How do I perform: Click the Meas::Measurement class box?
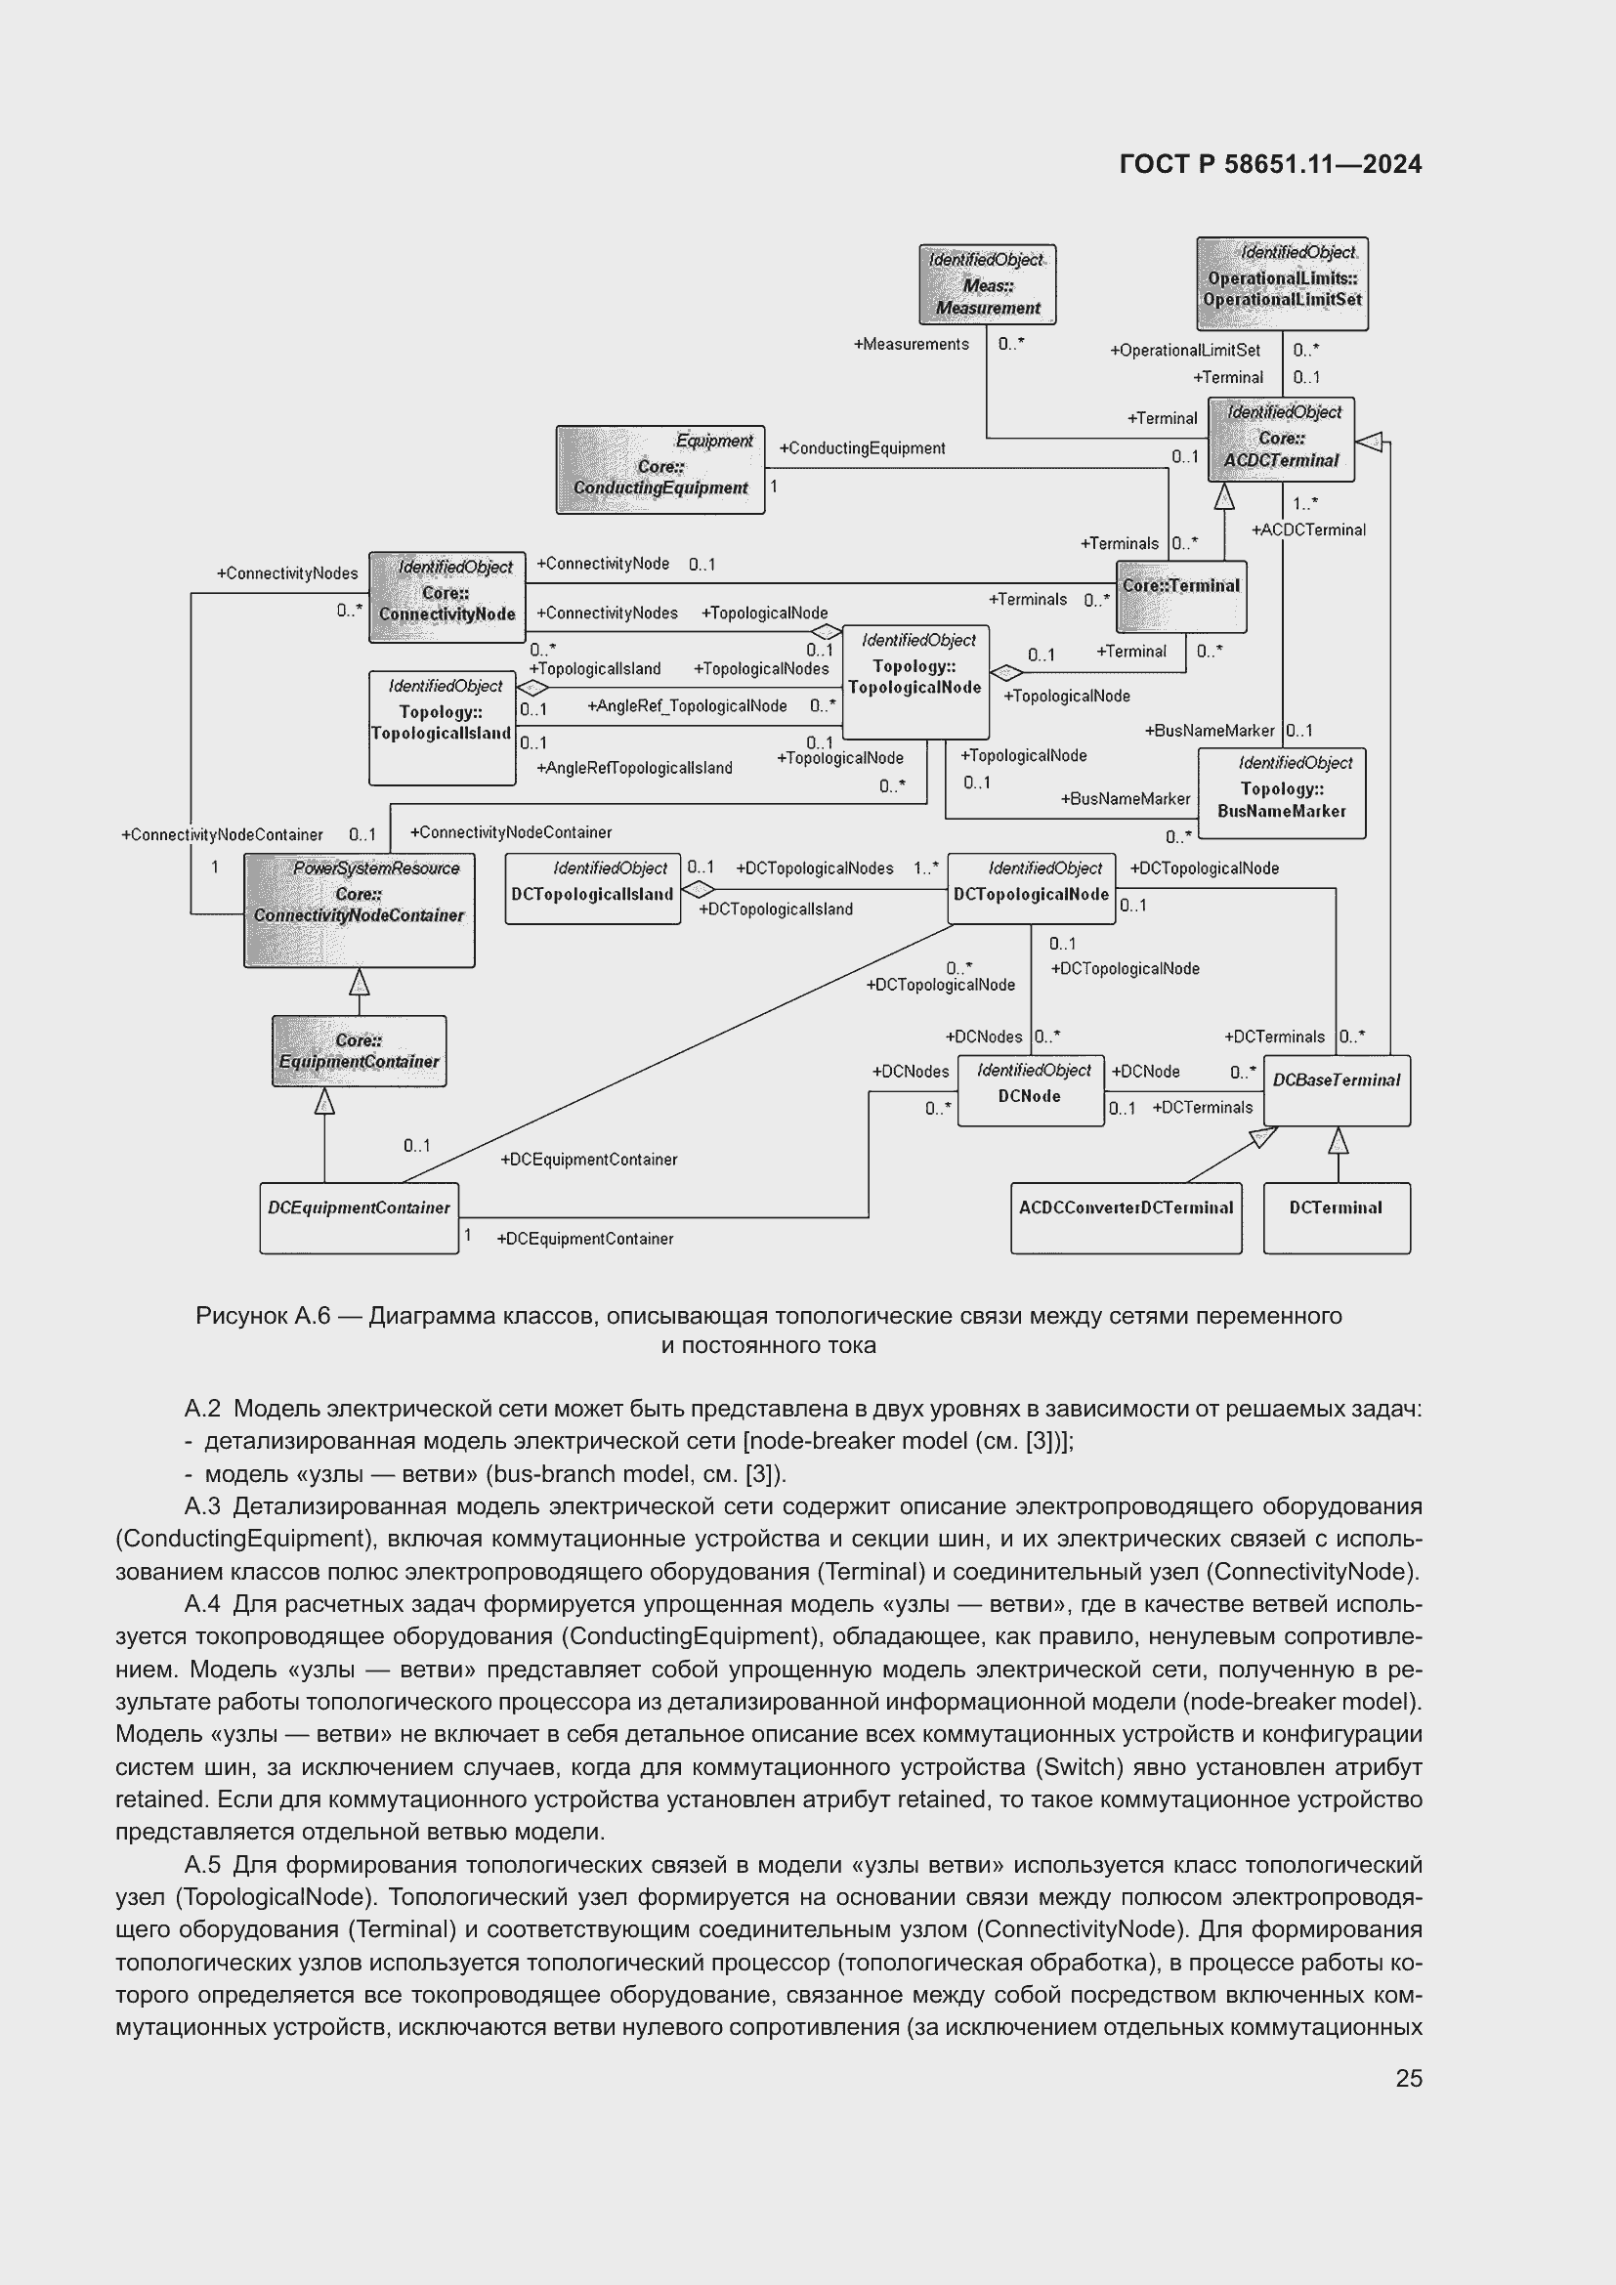pos(986,284)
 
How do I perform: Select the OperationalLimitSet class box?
pos(1282,283)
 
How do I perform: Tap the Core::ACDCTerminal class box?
pos(1281,439)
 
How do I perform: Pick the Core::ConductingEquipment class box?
pos(659,470)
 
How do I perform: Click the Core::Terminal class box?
pos(1180,596)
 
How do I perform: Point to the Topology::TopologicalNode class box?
pos(915,682)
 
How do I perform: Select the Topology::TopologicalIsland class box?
pos(442,728)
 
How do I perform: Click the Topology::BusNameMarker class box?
pos(1282,793)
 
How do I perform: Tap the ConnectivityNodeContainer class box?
pos(360,910)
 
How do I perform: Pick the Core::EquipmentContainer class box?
pos(360,1051)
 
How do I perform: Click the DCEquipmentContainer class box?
pos(360,1217)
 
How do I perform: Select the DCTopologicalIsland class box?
pos(593,888)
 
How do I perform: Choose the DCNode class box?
pos(1031,1090)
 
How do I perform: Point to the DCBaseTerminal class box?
pos(1337,1090)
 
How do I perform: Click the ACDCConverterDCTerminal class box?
pos(1126,1217)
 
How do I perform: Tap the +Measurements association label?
pos(911,344)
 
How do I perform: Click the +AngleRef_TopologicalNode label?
pos(687,706)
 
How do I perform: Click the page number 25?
pos(1408,2078)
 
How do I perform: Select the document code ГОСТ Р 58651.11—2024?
pos(1270,164)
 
